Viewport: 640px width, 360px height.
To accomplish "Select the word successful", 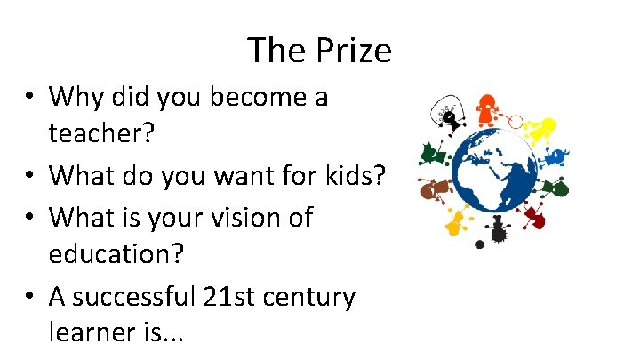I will point(133,296).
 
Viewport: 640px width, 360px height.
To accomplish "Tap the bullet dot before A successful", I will point(32,297).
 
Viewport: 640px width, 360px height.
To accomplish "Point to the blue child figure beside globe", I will point(555,158).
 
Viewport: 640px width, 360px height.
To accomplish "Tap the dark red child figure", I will point(533,214).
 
